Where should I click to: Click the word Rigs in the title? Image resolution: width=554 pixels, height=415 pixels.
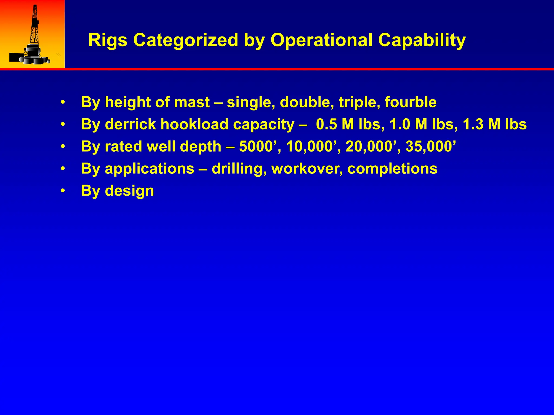[108, 41]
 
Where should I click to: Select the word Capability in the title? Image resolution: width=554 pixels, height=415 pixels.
[422, 41]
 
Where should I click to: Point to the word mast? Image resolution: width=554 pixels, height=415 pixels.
[192, 102]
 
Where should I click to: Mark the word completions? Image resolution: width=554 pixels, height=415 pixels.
[392, 169]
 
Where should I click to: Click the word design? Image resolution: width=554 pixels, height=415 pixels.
[129, 191]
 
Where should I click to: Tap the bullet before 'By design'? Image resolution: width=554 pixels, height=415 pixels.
[63, 191]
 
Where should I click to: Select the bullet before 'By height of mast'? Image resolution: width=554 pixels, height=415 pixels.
[63, 102]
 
